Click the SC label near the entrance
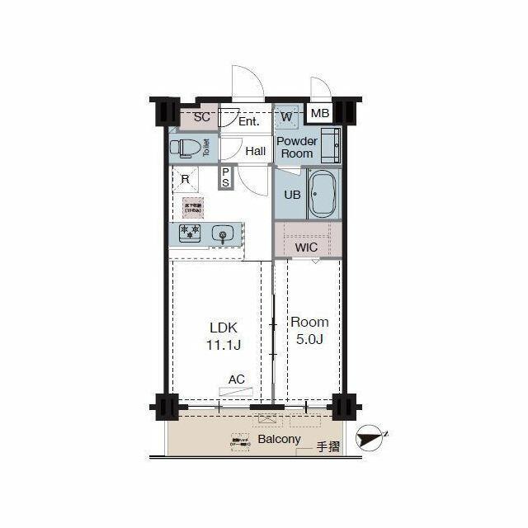coord(201,116)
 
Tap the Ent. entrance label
coord(248,121)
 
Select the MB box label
coord(320,114)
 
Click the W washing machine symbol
coord(286,116)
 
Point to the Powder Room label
coord(296,147)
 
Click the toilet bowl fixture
coord(186,148)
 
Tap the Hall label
coord(255,151)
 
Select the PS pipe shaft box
coord(225,177)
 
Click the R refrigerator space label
coord(186,178)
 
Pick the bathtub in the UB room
coord(323,196)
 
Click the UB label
coord(292,196)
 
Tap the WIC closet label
coord(307,247)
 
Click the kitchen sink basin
coord(221,234)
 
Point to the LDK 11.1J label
coord(223,335)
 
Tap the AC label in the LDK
coord(237,379)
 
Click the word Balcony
coord(279,439)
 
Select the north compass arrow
coord(373,437)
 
